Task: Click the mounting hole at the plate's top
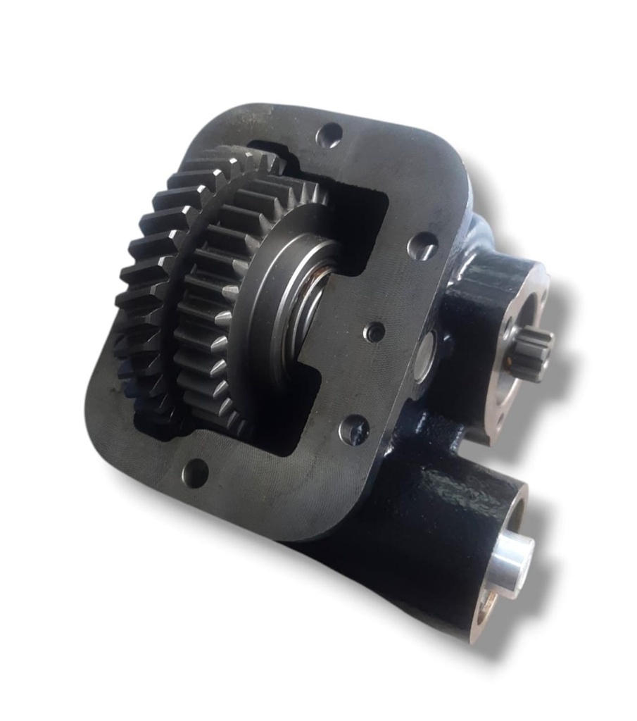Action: [x=329, y=135]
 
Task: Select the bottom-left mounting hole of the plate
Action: [x=198, y=468]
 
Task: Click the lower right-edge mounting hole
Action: [x=354, y=426]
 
